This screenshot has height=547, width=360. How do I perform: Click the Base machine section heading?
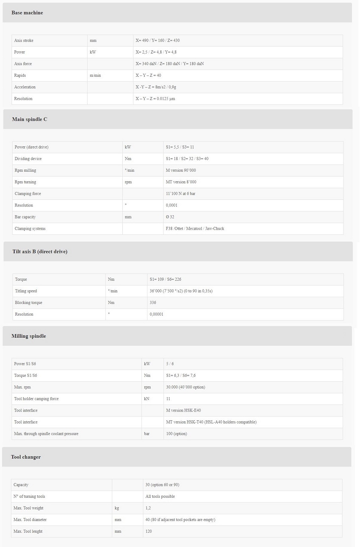pos(27,13)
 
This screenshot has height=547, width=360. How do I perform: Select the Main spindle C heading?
pos(30,119)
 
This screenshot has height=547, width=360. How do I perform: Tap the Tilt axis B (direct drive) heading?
pos(40,252)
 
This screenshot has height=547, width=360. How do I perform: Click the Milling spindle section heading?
pos(28,336)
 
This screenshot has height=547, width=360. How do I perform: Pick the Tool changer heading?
pos(26,457)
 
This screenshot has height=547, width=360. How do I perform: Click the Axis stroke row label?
pos(24,40)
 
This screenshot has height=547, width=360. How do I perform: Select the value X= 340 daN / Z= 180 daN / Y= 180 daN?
pos(169,64)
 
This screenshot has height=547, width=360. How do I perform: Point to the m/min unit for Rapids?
pos(95,75)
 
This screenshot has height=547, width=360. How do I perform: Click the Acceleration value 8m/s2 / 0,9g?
pos(156,87)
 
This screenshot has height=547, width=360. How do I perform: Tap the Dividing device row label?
pos(28,159)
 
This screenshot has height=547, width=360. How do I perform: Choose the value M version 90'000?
pos(181,170)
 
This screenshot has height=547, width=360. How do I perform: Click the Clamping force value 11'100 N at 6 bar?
pos(180,193)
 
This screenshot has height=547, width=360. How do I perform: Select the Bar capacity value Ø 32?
pos(170,217)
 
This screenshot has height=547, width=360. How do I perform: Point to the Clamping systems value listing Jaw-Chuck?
pos(195,228)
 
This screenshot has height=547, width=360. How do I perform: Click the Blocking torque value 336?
pos(153,303)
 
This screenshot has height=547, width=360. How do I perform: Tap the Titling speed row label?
pos(26,291)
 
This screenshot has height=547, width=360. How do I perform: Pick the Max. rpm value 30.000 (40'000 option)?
pos(185,387)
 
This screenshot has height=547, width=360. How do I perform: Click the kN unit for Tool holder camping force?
pos(147,399)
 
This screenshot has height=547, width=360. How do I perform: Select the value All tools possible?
pos(160,496)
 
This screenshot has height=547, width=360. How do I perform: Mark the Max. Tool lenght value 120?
pos(149,531)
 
